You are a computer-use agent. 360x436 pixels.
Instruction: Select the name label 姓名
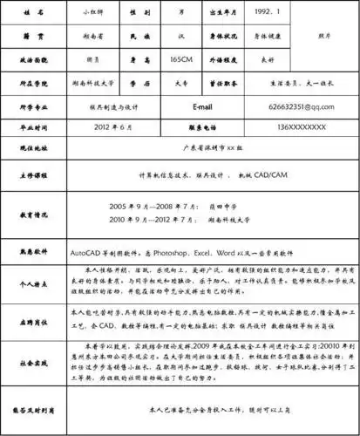33,15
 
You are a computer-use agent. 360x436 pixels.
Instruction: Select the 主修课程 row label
33,174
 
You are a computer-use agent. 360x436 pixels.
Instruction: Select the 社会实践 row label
33,358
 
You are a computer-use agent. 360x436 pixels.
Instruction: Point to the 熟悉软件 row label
33,251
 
